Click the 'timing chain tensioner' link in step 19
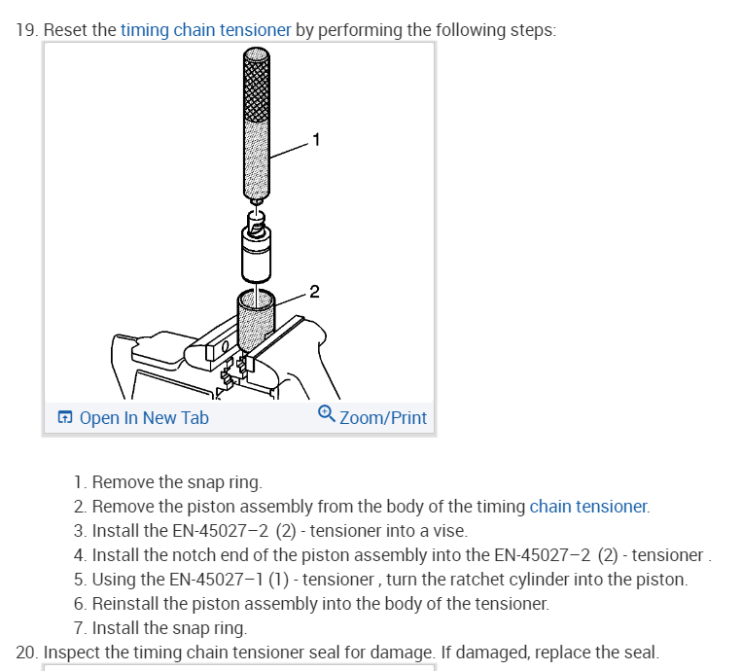205,29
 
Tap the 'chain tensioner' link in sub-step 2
587,506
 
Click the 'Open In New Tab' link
144,418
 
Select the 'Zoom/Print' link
383,418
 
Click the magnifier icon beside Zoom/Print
327,415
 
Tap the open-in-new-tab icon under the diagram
65,418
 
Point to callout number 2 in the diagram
313,290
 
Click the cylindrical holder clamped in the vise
256,321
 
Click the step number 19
27,29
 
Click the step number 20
27,652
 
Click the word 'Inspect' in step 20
72,652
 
